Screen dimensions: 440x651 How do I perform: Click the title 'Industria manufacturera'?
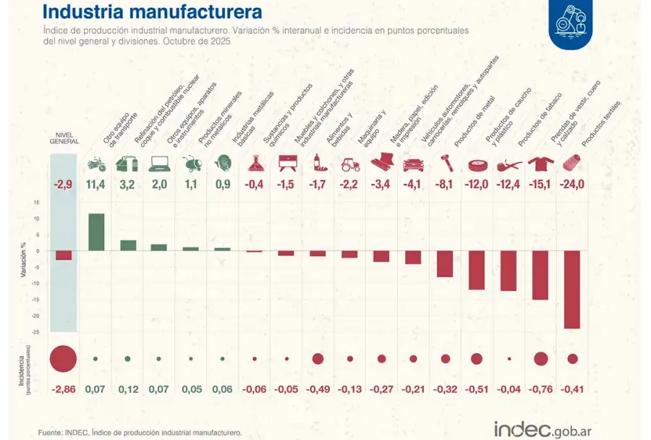pos(152,12)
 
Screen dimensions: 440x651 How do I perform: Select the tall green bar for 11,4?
pos(96,232)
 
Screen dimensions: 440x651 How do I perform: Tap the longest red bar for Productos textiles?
pos(572,289)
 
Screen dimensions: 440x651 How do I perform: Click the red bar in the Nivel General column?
pos(64,255)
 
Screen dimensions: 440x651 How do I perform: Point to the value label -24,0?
pos(572,185)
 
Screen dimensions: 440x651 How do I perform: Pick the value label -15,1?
pos(540,185)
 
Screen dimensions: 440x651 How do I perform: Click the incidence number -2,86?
pos(64,389)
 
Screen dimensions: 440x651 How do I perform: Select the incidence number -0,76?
pos(540,389)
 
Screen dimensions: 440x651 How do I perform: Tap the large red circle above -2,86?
pos(64,358)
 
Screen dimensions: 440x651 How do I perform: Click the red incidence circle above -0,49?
pos(318,358)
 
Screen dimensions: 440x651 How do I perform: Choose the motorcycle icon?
pos(96,164)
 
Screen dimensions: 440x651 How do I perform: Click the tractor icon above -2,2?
pos(350,164)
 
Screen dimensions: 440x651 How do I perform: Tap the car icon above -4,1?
pos(413,164)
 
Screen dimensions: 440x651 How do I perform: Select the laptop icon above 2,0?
pos(159,164)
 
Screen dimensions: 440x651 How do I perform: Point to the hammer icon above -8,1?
pos(445,164)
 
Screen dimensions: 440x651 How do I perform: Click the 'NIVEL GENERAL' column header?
pos(64,137)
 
